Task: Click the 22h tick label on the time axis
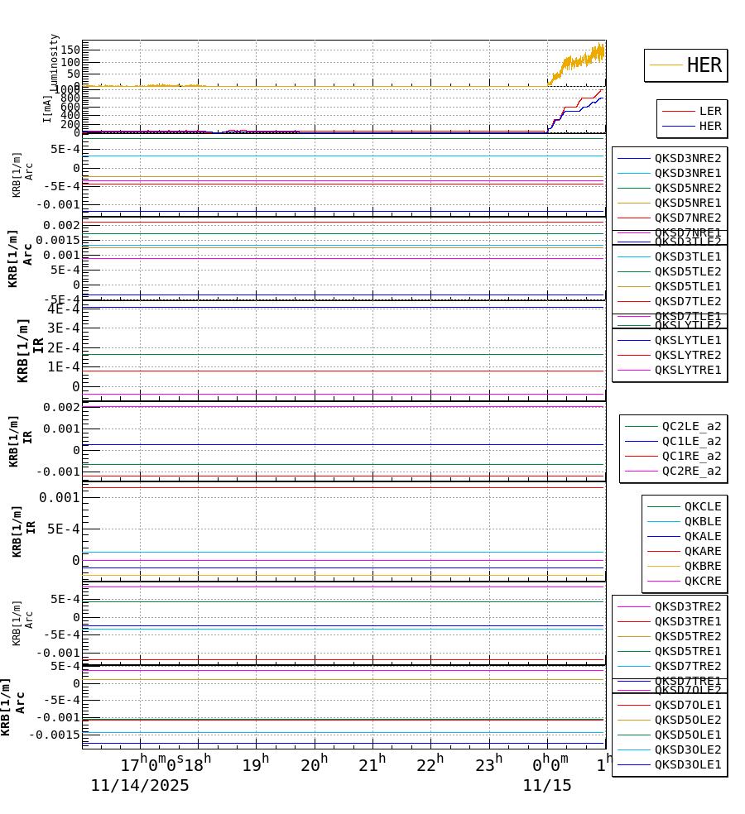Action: pos(430,765)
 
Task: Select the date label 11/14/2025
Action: pos(140,786)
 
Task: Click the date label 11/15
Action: pos(546,786)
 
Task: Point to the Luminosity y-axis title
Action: pos(55,62)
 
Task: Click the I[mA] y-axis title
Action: pos(47,109)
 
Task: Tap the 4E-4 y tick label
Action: pos(64,309)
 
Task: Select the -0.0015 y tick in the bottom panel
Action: pos(56,735)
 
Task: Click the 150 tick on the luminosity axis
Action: pos(70,50)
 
